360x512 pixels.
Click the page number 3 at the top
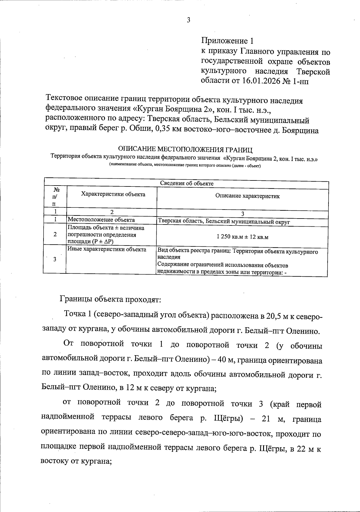[x=188, y=20]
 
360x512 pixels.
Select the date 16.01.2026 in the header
[x=262, y=82]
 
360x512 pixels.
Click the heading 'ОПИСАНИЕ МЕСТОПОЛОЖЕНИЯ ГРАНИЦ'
[x=185, y=149]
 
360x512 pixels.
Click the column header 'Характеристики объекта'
[x=113, y=194]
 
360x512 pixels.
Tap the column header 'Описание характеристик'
[x=247, y=196]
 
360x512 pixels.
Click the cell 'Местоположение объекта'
[x=101, y=220]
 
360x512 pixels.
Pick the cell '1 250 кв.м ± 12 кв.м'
[x=242, y=237]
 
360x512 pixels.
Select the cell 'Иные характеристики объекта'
[x=107, y=249]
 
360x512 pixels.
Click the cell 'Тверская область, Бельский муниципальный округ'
[x=224, y=222]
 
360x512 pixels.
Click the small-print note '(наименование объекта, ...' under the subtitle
[x=185, y=165]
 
